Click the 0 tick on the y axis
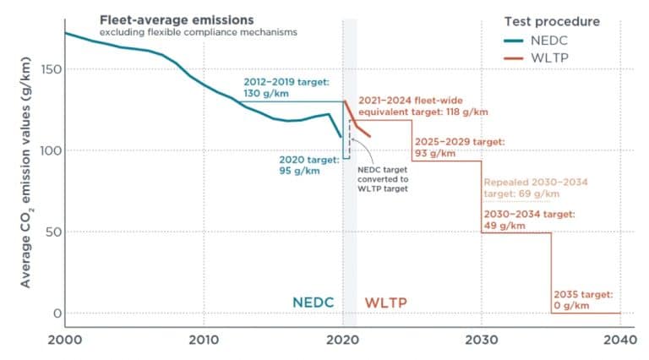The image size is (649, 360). tap(55, 313)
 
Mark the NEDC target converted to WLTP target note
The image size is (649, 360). tap(383, 178)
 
